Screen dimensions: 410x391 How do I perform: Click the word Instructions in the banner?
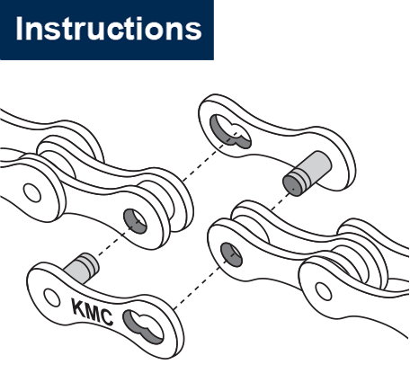point(109,29)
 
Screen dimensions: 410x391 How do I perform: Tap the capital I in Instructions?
point(19,28)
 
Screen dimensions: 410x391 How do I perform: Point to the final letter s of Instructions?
point(194,31)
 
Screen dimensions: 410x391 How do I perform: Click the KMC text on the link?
point(92,312)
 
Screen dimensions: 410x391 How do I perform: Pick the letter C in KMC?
point(107,318)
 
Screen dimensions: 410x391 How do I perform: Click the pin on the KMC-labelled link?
point(82,267)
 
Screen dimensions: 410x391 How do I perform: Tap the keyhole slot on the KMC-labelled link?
point(143,326)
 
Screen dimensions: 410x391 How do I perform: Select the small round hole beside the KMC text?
point(52,298)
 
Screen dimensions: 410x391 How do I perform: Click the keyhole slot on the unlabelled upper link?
point(230,132)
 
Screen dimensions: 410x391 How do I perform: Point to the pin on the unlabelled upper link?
point(307,173)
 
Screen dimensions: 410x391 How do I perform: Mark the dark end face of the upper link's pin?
point(292,186)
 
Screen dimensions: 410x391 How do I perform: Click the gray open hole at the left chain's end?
point(135,221)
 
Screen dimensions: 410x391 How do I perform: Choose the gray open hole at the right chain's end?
point(231,254)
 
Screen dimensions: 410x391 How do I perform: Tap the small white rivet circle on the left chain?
point(32,192)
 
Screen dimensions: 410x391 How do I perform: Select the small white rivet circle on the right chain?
point(324,291)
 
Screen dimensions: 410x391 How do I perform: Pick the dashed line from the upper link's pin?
point(281,200)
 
